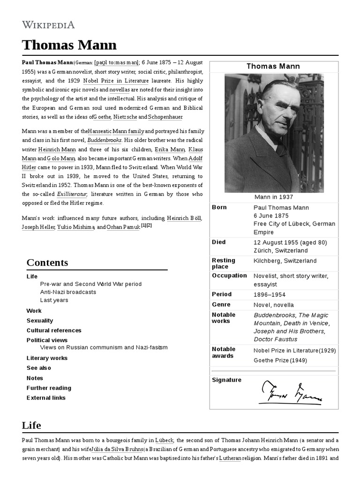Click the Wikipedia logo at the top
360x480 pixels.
[48, 25]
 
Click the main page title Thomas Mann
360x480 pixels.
[69, 45]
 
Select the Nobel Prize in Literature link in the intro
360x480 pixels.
[110, 80]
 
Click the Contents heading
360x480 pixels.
[47, 262]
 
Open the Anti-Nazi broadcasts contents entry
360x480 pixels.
[68, 292]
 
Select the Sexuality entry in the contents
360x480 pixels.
[40, 321]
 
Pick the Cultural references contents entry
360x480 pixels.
[54, 330]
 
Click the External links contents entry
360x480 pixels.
[46, 398]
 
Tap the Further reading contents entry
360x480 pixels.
[49, 388]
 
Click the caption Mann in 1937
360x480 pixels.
[274, 197]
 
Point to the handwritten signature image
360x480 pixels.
[291, 392]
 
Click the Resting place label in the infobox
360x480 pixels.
[224, 263]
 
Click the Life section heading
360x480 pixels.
[31, 426]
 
